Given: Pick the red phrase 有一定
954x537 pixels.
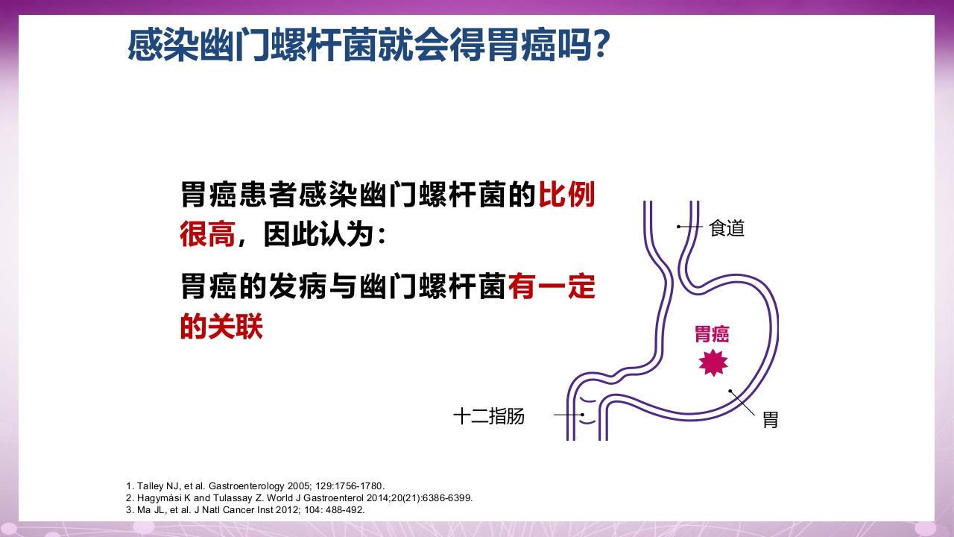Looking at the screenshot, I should click(552, 287).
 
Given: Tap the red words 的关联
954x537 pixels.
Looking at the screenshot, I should click(221, 327).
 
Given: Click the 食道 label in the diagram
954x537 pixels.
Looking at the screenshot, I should click(727, 227).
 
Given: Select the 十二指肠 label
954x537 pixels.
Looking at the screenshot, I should click(489, 416).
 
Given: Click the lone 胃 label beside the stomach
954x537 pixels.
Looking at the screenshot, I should click(770, 419).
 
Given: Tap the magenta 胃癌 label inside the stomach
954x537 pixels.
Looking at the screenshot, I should click(712, 334).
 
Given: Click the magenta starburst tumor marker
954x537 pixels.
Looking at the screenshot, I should click(713, 362).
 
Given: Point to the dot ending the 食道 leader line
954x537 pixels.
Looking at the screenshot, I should click(679, 226).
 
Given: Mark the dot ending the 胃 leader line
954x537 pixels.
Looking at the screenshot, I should click(730, 391).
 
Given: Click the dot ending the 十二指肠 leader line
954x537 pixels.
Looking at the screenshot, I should click(582, 415).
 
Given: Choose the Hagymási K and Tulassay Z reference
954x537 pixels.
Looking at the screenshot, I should click(299, 497).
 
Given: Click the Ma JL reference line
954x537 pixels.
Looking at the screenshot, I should click(245, 509).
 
